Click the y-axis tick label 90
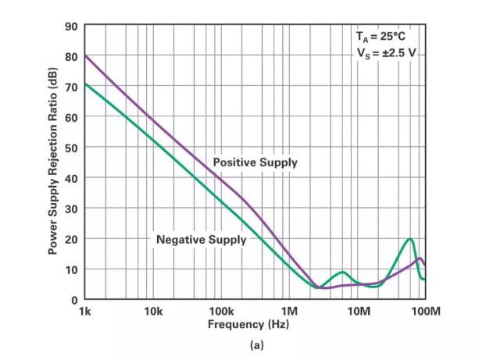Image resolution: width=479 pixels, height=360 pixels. point(71,26)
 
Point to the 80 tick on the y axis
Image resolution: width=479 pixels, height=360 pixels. point(71,56)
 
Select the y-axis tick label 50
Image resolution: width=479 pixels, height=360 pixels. point(71,148)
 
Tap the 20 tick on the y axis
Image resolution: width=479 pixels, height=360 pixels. point(71,239)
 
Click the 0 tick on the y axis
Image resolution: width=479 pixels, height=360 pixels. point(74,300)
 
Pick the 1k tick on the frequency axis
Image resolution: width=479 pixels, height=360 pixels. point(85,312)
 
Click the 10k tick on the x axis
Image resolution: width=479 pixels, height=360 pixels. point(153,312)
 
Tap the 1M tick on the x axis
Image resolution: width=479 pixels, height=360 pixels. point(290,312)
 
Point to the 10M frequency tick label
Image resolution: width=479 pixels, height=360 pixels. point(358,312)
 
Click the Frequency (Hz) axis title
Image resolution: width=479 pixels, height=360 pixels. point(255,324)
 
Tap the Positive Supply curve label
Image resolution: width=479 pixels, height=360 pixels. point(256,162)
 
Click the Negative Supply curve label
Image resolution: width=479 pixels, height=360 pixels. point(201,239)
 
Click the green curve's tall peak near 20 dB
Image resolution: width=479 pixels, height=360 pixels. point(409,239)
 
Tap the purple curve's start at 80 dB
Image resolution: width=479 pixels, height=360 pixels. point(85,56)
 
